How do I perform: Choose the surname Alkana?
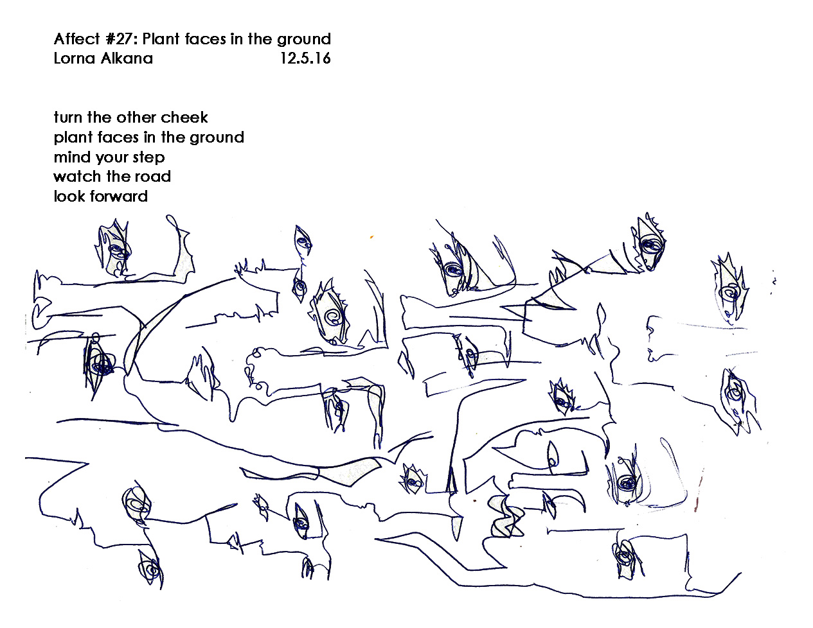click(x=129, y=58)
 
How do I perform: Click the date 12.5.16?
click(x=305, y=58)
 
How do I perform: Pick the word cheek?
click(x=184, y=118)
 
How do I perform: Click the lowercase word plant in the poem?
click(x=73, y=137)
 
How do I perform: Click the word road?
click(x=152, y=177)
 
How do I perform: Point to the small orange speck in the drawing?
click(x=371, y=238)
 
